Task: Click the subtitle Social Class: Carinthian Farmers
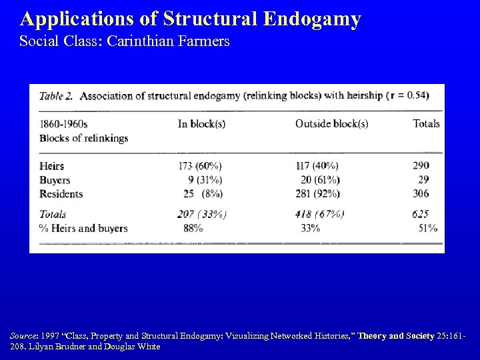[125, 41]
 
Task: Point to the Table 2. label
[56, 95]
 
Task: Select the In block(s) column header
[201, 123]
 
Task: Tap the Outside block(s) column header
[331, 123]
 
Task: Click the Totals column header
[426, 123]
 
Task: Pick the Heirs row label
[52, 165]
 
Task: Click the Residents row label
[61, 194]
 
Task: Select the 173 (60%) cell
[200, 165]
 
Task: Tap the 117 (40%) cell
[317, 165]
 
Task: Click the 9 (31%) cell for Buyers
[205, 180]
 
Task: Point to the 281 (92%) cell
[317, 194]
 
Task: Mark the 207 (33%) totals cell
[202, 214]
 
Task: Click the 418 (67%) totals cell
[319, 214]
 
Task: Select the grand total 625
[420, 214]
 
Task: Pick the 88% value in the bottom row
[193, 228]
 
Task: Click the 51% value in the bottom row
[427, 228]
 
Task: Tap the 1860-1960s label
[63, 123]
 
